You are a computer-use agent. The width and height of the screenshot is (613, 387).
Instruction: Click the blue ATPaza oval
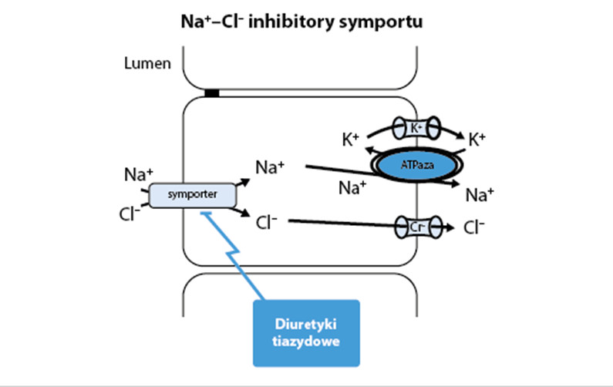(x=418, y=164)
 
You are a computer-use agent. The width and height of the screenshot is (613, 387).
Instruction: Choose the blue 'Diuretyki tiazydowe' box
(x=306, y=332)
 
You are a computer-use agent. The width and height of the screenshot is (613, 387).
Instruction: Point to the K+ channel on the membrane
(x=416, y=126)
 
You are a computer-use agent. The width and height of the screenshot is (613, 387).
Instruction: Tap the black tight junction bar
(x=211, y=93)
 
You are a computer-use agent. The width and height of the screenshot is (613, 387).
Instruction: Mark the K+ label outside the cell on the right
(x=478, y=140)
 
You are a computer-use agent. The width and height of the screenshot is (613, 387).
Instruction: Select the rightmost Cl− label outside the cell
(x=477, y=228)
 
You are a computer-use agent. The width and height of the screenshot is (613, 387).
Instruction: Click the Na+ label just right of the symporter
(x=269, y=166)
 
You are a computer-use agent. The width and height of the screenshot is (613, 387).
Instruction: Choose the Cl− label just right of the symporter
(x=266, y=223)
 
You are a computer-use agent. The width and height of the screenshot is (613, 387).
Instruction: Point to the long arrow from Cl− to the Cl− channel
(x=339, y=224)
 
